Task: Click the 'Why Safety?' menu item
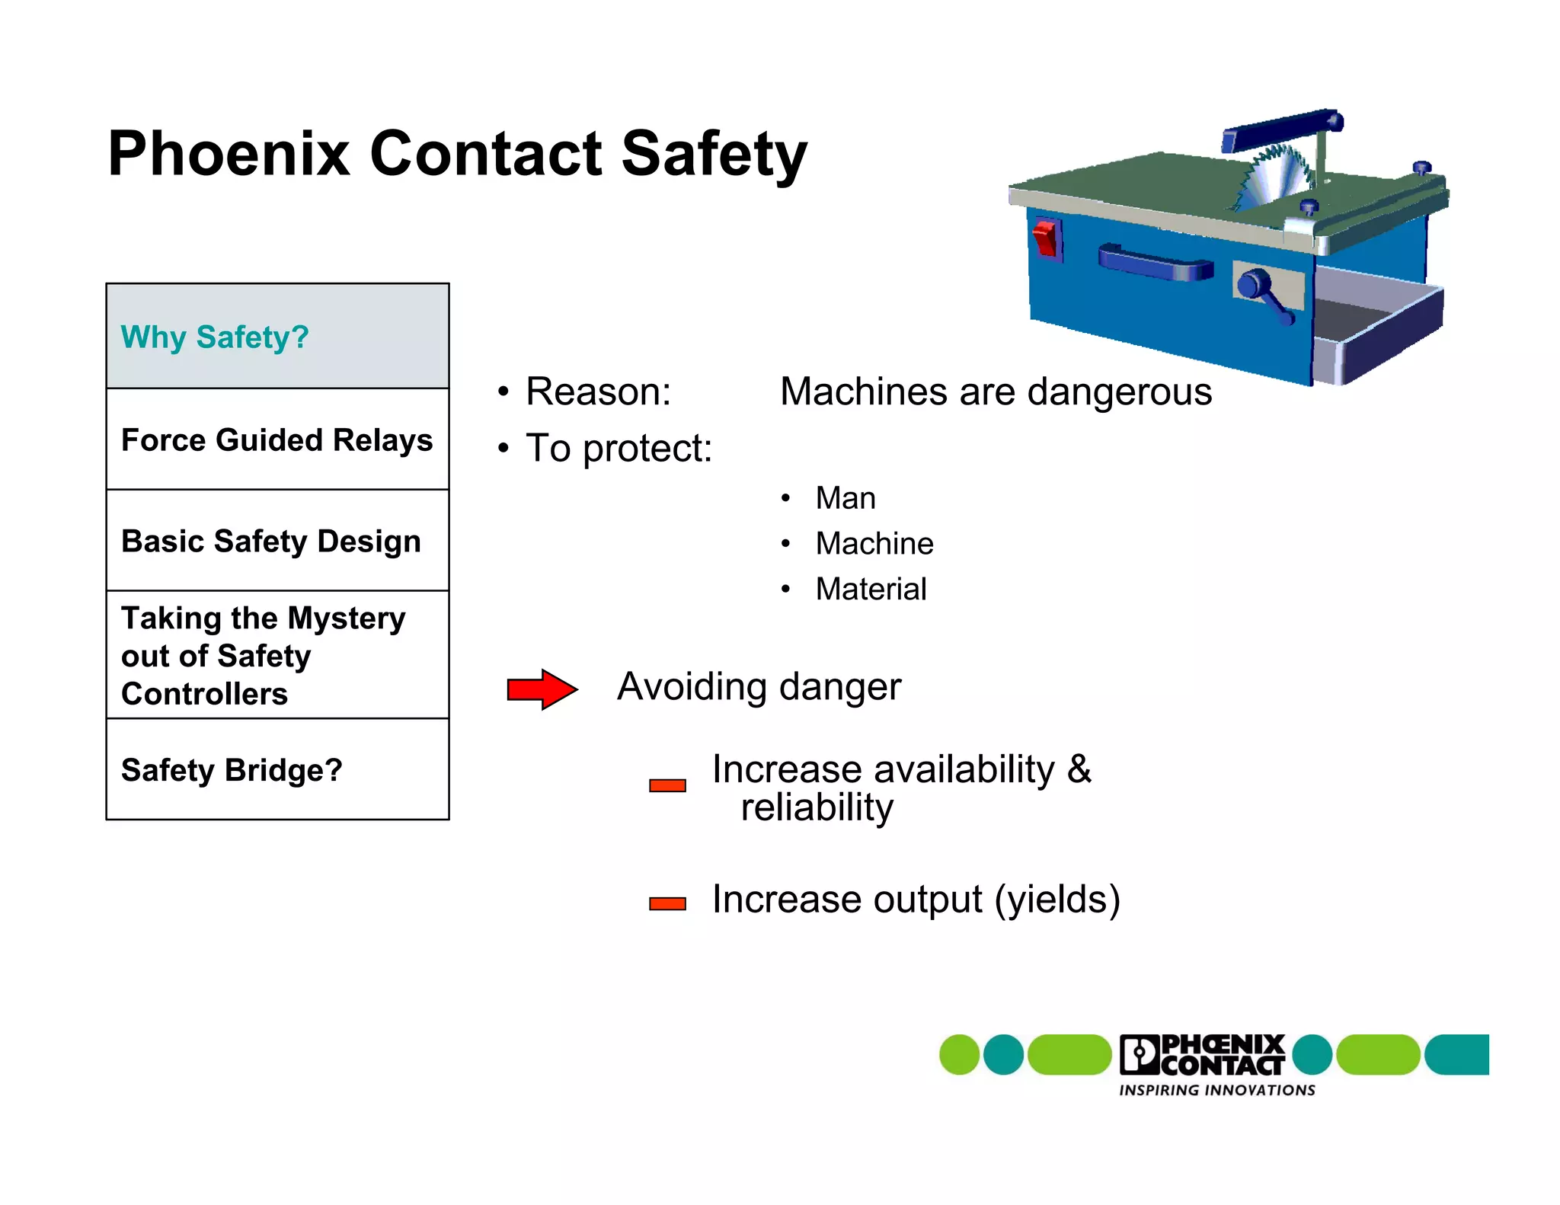click(x=215, y=337)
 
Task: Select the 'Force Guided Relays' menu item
click(x=277, y=440)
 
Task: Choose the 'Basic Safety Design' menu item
click(x=271, y=542)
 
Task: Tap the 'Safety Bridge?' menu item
click(x=232, y=770)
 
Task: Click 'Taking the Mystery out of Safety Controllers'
click(x=263, y=656)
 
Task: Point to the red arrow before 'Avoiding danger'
click(x=542, y=689)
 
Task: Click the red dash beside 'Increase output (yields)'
click(x=667, y=904)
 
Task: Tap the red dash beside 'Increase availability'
click(x=667, y=785)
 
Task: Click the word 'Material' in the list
click(x=871, y=589)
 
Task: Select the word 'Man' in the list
click(x=846, y=498)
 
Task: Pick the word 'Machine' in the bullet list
click(x=874, y=544)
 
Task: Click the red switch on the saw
click(x=1046, y=238)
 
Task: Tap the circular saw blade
click(x=1274, y=177)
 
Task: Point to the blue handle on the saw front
click(x=1155, y=263)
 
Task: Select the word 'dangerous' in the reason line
click(x=1119, y=392)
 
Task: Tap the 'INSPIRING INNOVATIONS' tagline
click(x=1216, y=1091)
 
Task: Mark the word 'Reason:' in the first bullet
click(x=598, y=392)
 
